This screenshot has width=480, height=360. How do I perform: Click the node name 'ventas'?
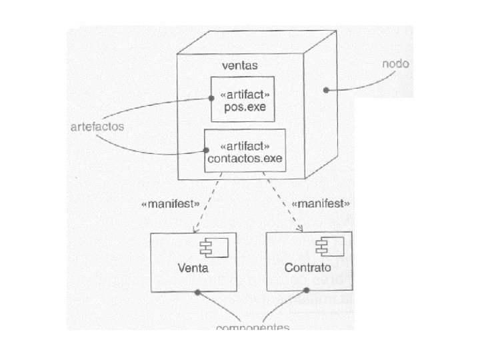[239, 66]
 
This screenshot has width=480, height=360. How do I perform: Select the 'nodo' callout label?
[395, 65]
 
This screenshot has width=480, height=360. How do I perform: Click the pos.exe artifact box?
[243, 99]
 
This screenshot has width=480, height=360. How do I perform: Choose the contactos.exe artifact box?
[245, 151]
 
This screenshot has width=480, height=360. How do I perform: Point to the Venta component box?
[193, 262]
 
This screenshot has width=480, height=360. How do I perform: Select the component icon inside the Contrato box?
[328, 248]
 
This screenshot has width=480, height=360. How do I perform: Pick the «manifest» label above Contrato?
[321, 203]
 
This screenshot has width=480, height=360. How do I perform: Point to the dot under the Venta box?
[197, 293]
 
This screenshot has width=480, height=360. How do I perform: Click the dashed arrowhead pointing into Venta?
[194, 230]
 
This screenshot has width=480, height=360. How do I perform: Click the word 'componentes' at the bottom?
[254, 327]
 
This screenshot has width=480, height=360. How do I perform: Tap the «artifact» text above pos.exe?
[243, 93]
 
